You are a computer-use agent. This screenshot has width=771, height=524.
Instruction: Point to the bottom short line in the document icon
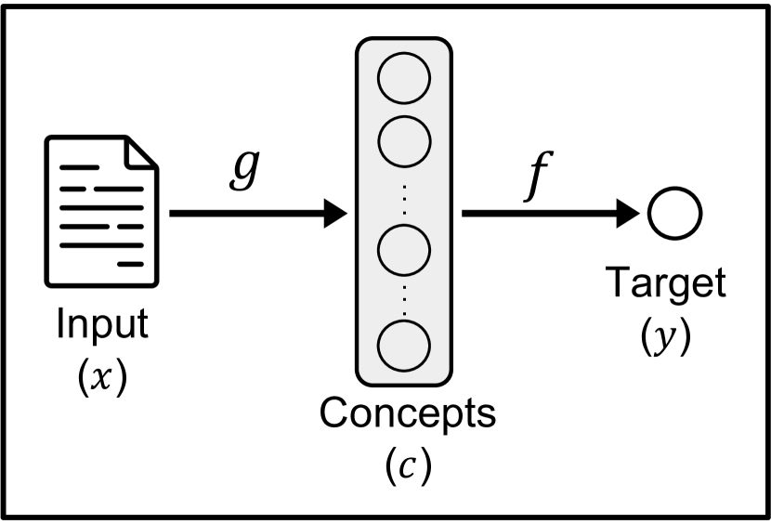pyautogui.click(x=133, y=264)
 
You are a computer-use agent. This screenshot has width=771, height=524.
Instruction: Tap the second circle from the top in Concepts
pyautogui.click(x=404, y=138)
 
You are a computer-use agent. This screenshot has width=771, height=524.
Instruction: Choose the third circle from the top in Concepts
pyautogui.click(x=404, y=247)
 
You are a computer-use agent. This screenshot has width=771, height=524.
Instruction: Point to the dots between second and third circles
pyautogui.click(x=404, y=193)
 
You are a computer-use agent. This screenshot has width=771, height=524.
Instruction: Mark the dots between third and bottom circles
pyautogui.click(x=404, y=295)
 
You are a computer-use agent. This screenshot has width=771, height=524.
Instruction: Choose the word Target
pyautogui.click(x=664, y=283)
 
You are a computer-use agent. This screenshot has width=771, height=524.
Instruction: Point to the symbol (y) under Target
pyautogui.click(x=665, y=339)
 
